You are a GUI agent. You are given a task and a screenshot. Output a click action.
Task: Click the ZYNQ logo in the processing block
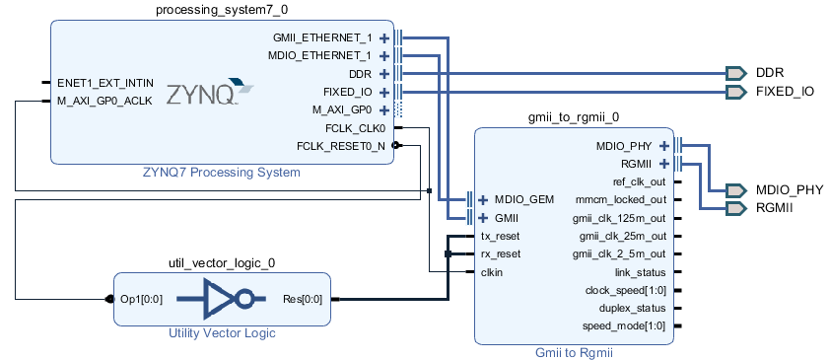(x=208, y=95)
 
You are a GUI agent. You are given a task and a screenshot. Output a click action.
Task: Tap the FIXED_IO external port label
(x=785, y=92)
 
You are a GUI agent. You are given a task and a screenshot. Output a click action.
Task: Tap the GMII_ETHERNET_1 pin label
(x=322, y=37)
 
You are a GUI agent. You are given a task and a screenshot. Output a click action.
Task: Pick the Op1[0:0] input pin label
(x=142, y=299)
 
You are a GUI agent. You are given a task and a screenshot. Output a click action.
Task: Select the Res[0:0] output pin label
(x=303, y=299)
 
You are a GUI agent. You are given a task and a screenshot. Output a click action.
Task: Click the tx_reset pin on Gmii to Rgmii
(x=500, y=236)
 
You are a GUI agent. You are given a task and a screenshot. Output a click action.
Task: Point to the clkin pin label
(x=494, y=271)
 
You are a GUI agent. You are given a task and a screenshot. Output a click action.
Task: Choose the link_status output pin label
(x=640, y=271)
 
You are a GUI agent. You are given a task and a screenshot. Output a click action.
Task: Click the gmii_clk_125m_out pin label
(x=620, y=218)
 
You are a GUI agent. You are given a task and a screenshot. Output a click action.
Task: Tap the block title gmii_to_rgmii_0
(x=574, y=116)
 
